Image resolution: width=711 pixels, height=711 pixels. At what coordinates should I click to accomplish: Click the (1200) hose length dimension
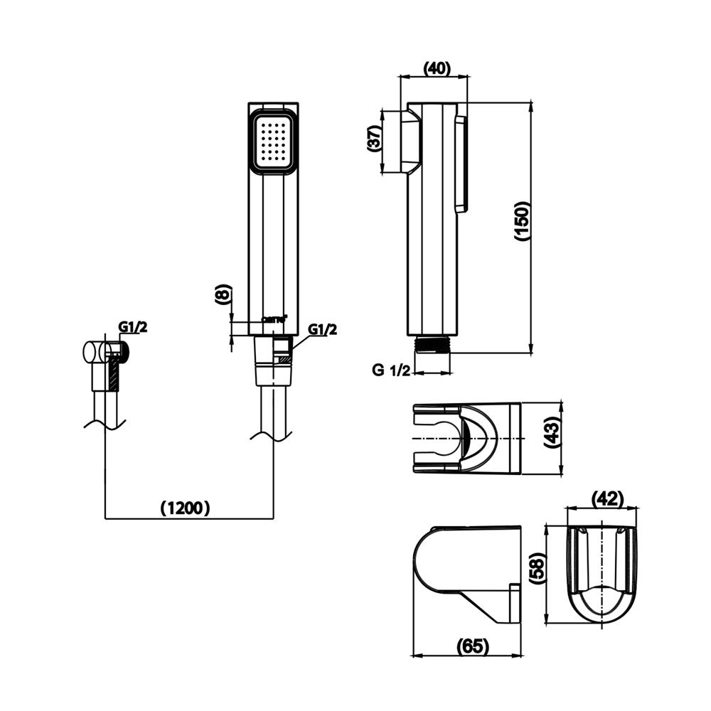[185, 508]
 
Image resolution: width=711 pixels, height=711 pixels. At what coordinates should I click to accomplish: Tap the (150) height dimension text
[523, 221]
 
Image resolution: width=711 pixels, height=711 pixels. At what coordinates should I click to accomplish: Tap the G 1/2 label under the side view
[391, 369]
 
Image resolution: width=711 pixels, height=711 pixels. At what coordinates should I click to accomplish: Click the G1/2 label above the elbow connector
[132, 327]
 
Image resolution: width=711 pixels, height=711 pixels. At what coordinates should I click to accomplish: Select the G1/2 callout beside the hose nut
[322, 329]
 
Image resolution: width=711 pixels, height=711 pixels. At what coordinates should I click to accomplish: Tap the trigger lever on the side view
[461, 164]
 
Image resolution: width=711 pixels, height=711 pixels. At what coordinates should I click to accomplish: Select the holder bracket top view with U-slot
[466, 437]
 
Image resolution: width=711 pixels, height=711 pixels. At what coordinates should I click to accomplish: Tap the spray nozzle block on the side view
[410, 141]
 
